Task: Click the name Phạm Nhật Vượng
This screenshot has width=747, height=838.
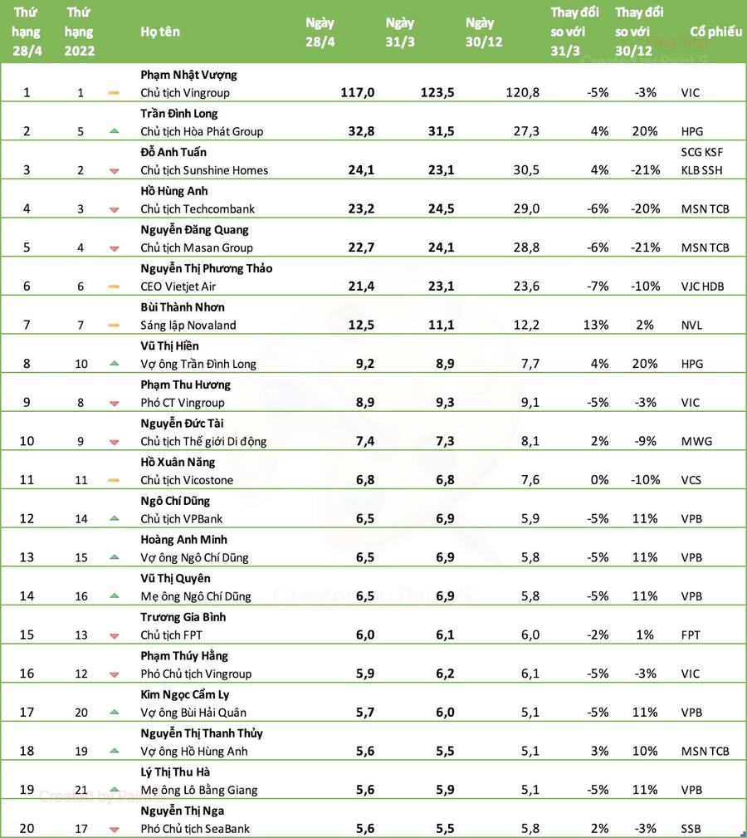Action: click(x=188, y=75)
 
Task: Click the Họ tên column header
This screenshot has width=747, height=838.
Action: click(x=160, y=32)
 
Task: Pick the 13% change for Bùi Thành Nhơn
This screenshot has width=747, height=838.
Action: click(x=596, y=326)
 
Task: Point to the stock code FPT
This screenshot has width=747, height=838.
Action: click(x=691, y=635)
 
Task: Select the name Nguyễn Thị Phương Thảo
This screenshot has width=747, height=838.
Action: click(x=207, y=268)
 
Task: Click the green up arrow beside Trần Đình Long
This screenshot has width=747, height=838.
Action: click(x=115, y=131)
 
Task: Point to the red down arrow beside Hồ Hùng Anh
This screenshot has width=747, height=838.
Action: click(x=115, y=209)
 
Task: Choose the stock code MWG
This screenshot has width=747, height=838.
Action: click(x=696, y=442)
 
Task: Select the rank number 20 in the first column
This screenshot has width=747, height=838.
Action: click(x=27, y=829)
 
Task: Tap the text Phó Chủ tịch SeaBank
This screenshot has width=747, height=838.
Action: click(x=195, y=829)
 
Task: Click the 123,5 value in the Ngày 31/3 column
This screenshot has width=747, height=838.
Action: click(x=437, y=93)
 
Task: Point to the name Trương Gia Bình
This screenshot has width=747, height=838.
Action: click(x=183, y=617)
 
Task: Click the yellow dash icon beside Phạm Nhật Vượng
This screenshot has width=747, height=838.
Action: click(x=115, y=93)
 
